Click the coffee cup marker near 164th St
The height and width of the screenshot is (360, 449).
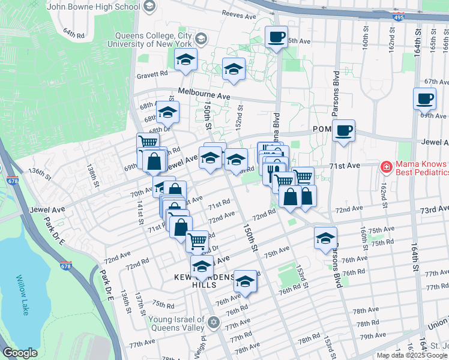pos(424,98)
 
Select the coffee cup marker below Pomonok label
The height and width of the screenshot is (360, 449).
pos(343,130)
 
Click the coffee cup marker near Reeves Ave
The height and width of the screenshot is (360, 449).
pos(276,37)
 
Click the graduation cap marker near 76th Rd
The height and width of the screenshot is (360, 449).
pos(245,281)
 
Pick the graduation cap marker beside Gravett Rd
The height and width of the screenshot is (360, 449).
pos(186,60)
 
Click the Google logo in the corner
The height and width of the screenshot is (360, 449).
pos(20,353)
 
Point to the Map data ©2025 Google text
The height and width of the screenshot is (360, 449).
pos(411,355)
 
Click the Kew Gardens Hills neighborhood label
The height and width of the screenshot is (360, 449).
pos(203,281)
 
